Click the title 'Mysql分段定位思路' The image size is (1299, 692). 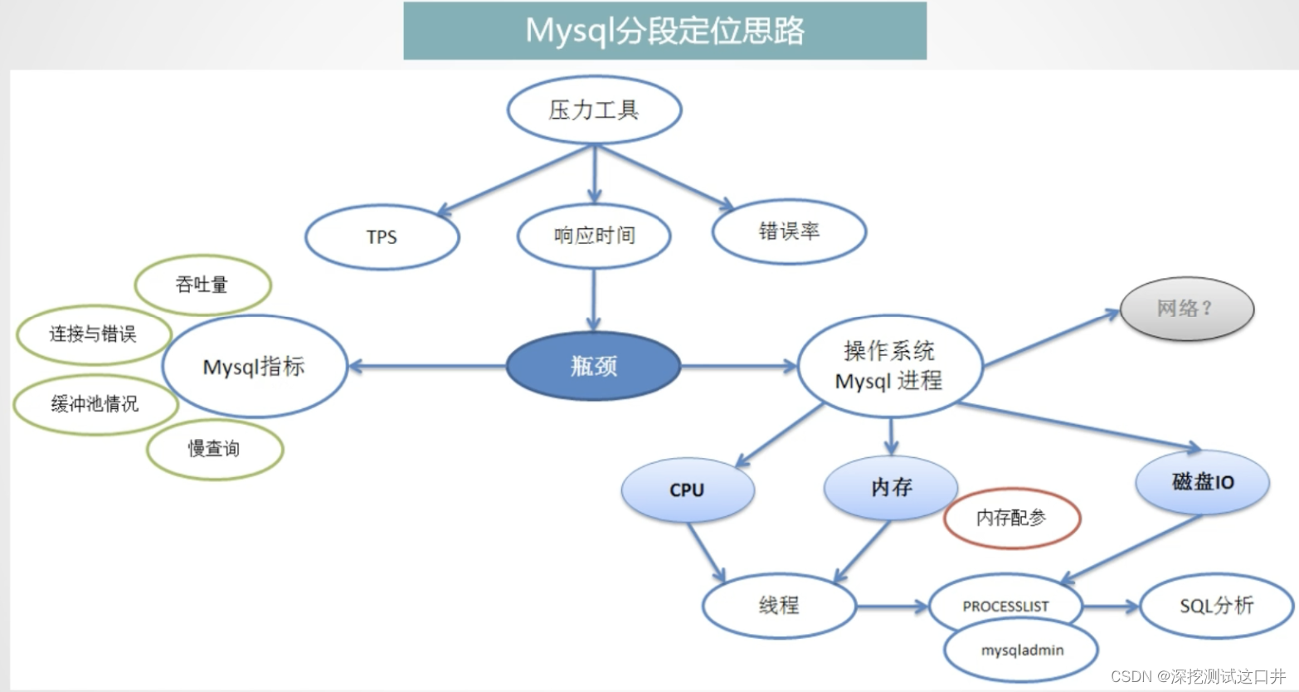pyautogui.click(x=664, y=31)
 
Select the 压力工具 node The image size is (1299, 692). pyautogui.click(x=594, y=110)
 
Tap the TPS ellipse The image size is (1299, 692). pyautogui.click(x=382, y=237)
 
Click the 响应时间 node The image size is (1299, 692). pyautogui.click(x=594, y=236)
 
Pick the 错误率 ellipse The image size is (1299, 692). pyautogui.click(x=789, y=231)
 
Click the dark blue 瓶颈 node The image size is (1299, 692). pyautogui.click(x=593, y=366)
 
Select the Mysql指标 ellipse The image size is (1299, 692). pyautogui.click(x=254, y=367)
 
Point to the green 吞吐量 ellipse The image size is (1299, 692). pyautogui.click(x=202, y=285)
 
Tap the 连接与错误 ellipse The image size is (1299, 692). pyautogui.click(x=93, y=334)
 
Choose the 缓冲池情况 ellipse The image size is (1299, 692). pyautogui.click(x=95, y=404)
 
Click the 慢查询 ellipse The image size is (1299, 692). pyautogui.click(x=214, y=449)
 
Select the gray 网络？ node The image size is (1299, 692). pyautogui.click(x=1186, y=309)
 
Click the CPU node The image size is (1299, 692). pyautogui.click(x=687, y=490)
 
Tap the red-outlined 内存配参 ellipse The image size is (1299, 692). pyautogui.click(x=1011, y=518)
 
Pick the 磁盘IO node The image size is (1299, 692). pyautogui.click(x=1202, y=482)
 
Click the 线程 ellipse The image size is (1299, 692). pyautogui.click(x=778, y=606)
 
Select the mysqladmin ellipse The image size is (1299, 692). pyautogui.click(x=1022, y=651)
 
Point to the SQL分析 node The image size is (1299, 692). pyautogui.click(x=1216, y=606)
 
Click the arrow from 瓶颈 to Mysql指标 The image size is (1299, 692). pyautogui.click(x=427, y=366)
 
